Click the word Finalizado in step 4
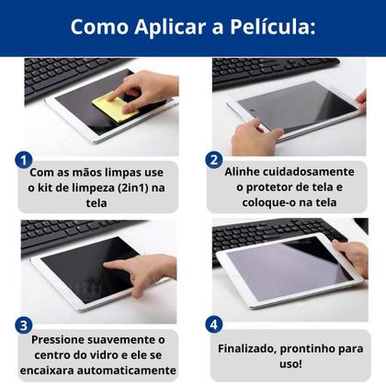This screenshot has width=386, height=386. click(x=249, y=349)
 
